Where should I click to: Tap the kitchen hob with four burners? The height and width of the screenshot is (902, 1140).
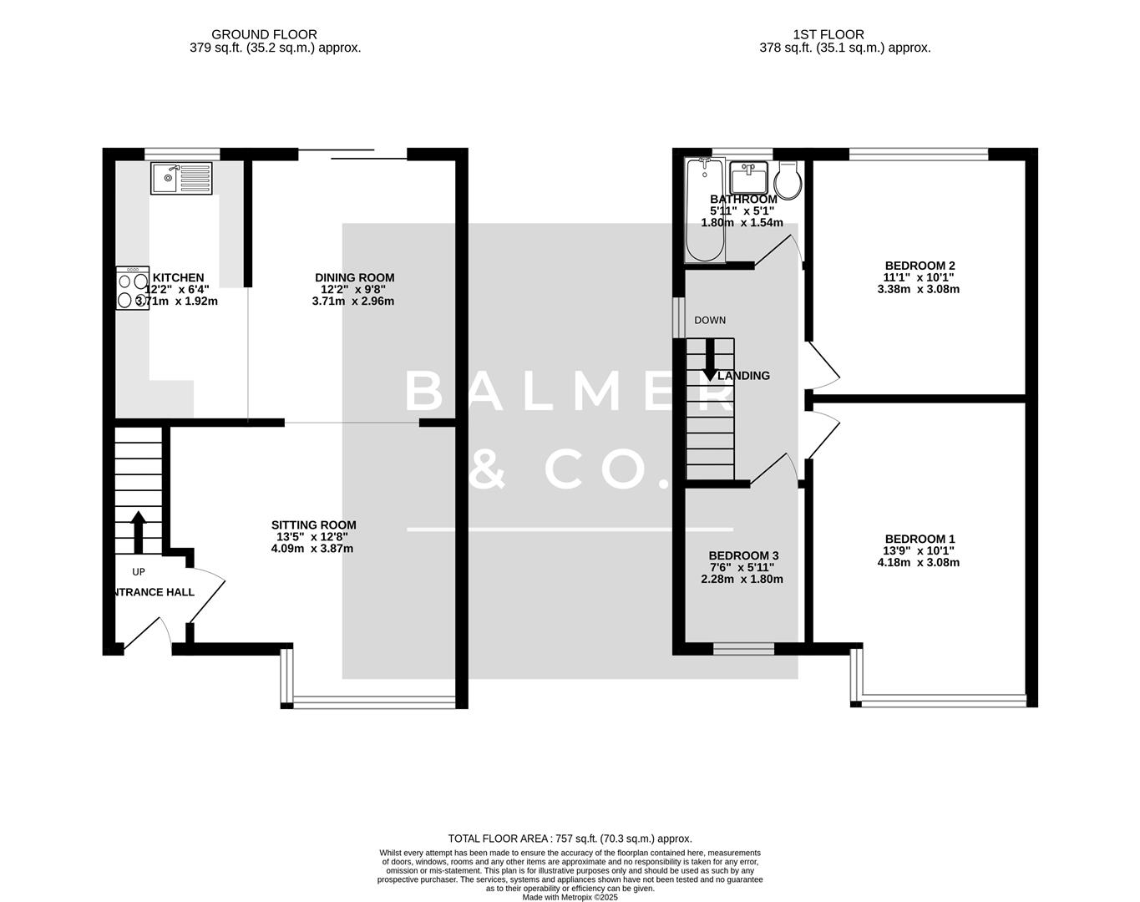[132, 288]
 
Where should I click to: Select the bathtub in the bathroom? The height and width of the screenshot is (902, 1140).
[705, 210]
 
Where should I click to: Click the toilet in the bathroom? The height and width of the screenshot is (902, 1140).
[788, 179]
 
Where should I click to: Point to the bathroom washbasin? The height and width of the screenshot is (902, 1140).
[748, 177]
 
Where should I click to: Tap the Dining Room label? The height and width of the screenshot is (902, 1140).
[354, 277]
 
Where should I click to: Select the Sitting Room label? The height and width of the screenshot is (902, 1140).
[313, 525]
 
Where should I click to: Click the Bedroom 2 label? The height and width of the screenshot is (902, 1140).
[920, 266]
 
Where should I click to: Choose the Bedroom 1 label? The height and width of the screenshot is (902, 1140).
[920, 539]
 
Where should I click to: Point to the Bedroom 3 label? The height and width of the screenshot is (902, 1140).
[743, 555]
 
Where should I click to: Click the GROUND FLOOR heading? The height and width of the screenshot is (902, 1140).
[264, 34]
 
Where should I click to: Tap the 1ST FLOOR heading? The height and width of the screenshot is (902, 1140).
[828, 34]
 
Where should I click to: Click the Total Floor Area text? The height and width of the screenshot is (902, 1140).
[570, 839]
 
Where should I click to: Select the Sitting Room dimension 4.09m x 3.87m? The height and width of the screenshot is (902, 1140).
[313, 549]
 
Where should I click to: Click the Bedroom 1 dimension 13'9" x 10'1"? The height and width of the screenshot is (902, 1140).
[920, 550]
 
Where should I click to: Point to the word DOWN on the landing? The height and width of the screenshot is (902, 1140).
[710, 320]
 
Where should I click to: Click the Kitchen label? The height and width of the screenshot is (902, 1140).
[178, 277]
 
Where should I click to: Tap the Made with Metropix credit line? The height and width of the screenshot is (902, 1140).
[570, 897]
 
